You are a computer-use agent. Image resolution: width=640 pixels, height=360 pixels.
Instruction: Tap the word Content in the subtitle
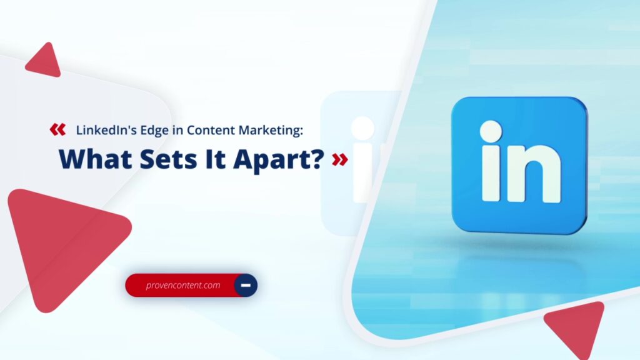click(211, 130)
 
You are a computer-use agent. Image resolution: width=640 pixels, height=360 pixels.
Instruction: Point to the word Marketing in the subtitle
click(269, 131)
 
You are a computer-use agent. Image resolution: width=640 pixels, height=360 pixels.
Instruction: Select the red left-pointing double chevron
click(57, 130)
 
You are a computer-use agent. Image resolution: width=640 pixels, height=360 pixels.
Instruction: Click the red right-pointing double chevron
click(339, 159)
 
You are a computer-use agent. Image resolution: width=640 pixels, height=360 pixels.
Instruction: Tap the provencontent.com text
click(183, 285)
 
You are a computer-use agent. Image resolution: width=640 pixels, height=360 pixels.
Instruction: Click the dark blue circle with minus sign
click(246, 285)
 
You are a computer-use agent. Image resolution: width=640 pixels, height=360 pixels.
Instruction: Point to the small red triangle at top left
click(45, 61)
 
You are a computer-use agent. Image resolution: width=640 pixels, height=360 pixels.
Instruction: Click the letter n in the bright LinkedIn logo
click(534, 174)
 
